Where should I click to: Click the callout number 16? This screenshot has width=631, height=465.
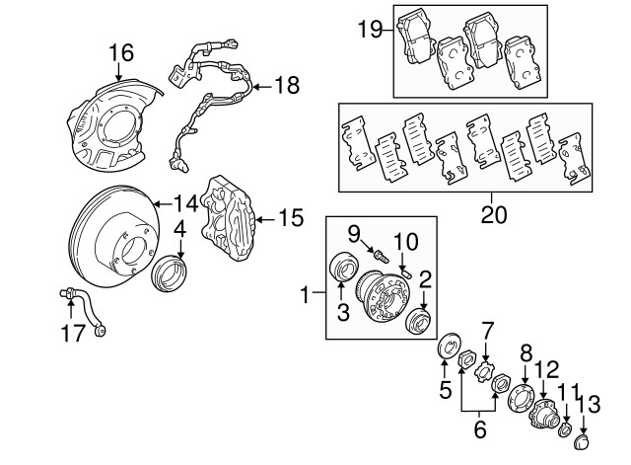[x=119, y=51]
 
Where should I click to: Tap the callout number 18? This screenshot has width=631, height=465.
[x=286, y=86]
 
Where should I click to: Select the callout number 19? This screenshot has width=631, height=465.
[x=370, y=29]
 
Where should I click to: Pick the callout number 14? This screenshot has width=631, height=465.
[x=185, y=204]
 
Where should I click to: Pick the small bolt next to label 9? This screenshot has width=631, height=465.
[x=378, y=256]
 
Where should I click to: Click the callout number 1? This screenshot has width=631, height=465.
[x=307, y=292]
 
